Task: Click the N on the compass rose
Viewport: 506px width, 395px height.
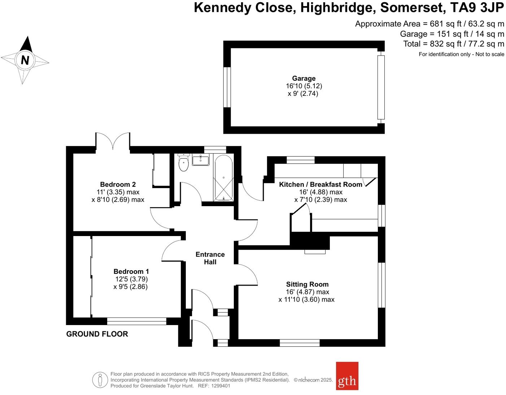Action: pyautogui.click(x=25, y=60)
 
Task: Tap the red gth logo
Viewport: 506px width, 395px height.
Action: pyautogui.click(x=347, y=376)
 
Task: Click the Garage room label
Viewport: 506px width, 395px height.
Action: pyautogui.click(x=304, y=78)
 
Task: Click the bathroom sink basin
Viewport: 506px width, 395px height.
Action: pyautogui.click(x=201, y=160)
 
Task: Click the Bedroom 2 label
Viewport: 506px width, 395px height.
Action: pyautogui.click(x=118, y=185)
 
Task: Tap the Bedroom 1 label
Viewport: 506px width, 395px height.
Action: pyautogui.click(x=131, y=271)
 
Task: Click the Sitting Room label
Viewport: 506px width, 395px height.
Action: pyautogui.click(x=307, y=284)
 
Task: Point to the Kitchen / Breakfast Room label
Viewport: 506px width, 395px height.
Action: pyautogui.click(x=320, y=185)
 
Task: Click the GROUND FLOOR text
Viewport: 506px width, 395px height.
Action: pyautogui.click(x=97, y=334)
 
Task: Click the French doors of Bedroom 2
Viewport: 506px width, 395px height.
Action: pyautogui.click(x=113, y=141)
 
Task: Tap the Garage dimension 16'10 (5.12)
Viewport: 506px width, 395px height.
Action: pyautogui.click(x=304, y=86)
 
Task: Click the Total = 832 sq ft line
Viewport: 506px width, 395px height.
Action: pyautogui.click(x=453, y=44)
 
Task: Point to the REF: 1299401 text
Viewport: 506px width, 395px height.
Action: pyautogui.click(x=213, y=386)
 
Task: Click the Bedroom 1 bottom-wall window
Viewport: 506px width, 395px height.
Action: pyautogui.click(x=136, y=321)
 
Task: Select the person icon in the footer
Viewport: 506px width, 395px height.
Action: pyautogui.click(x=100, y=380)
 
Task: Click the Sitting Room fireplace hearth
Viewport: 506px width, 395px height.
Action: pyautogui.click(x=315, y=252)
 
